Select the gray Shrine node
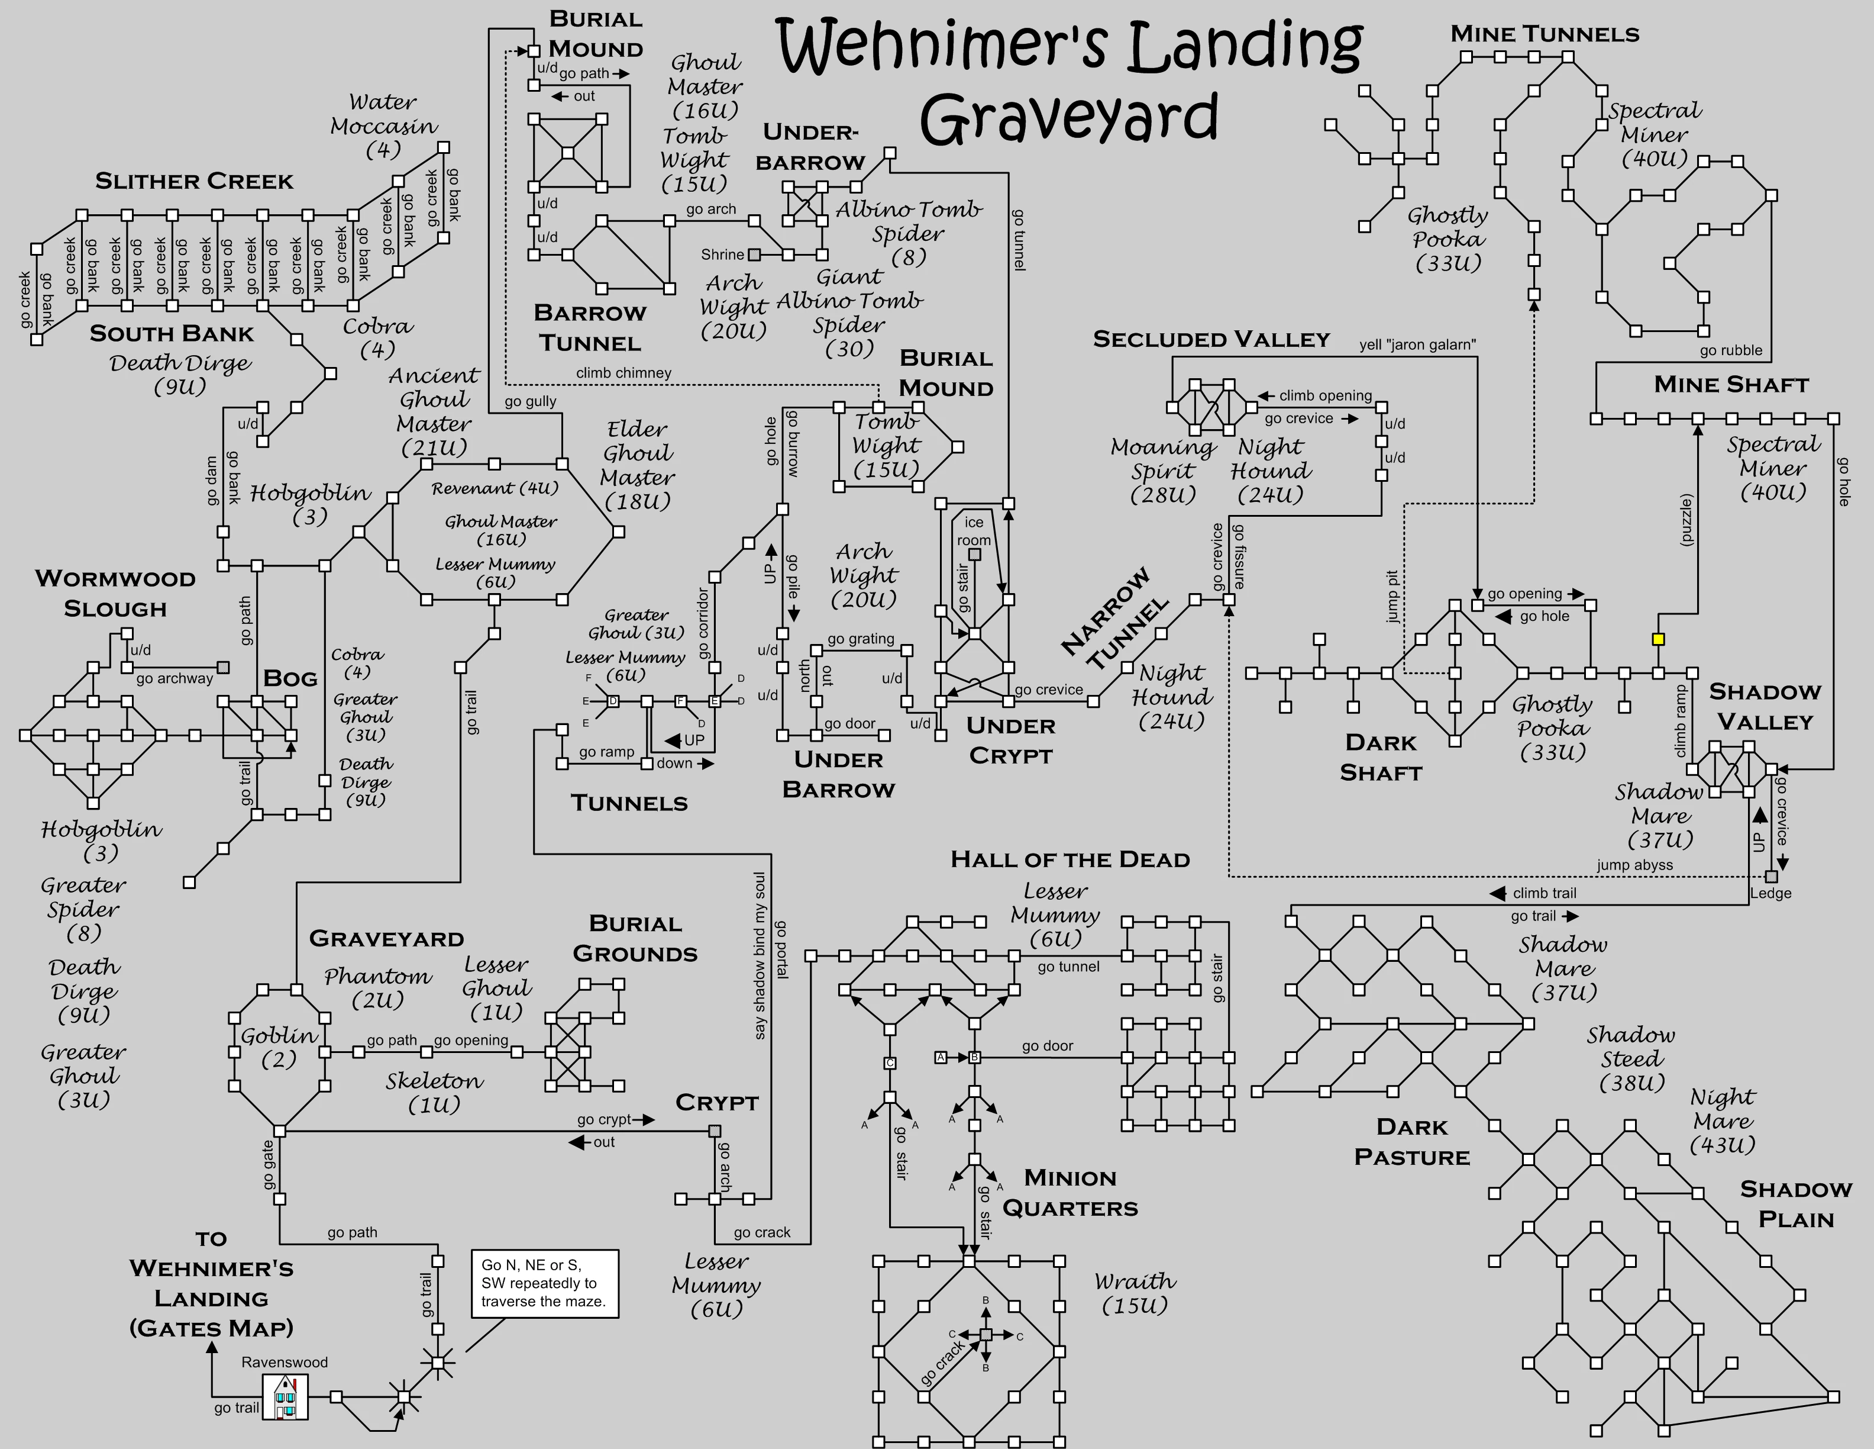[x=754, y=255]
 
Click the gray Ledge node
[x=1771, y=877]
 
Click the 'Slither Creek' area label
[x=194, y=181]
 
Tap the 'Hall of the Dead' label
[x=1070, y=859]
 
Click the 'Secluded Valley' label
[x=1211, y=339]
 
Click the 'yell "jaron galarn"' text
[x=1417, y=345]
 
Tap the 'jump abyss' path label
[x=1634, y=865]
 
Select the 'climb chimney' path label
[x=624, y=372]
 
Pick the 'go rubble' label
[x=1731, y=350]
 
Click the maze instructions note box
[x=544, y=1283]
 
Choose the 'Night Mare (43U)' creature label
[x=1722, y=1120]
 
